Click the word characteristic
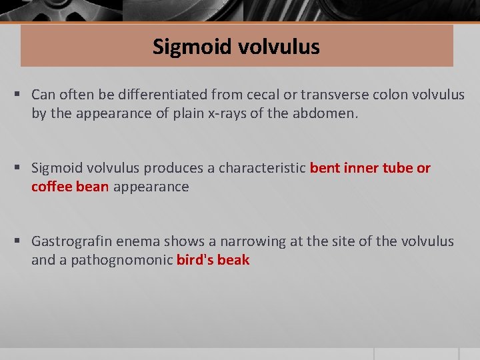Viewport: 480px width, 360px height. pyautogui.click(x=267, y=168)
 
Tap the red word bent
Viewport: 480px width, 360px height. pyautogui.click(x=325, y=168)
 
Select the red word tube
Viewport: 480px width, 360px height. pyautogui.click(x=398, y=168)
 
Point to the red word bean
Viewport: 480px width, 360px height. pyautogui.click(x=92, y=187)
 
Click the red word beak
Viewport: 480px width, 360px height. pyautogui.click(x=233, y=260)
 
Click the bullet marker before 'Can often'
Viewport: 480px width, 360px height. pyautogui.click(x=22, y=95)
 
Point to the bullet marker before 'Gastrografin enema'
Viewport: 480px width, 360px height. pyautogui.click(x=22, y=242)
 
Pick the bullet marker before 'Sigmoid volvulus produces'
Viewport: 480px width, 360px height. pyautogui.click(x=22, y=169)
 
